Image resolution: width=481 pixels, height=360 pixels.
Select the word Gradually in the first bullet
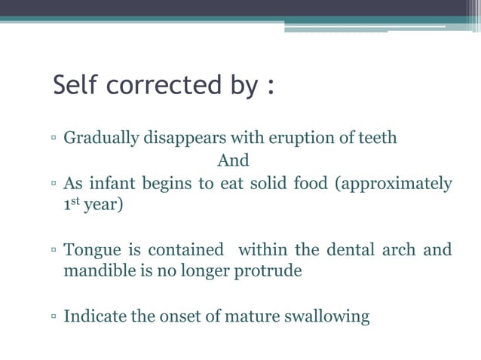[x=97, y=139]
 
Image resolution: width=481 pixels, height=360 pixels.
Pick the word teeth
[x=375, y=139]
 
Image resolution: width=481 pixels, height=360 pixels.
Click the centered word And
[x=232, y=161]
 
